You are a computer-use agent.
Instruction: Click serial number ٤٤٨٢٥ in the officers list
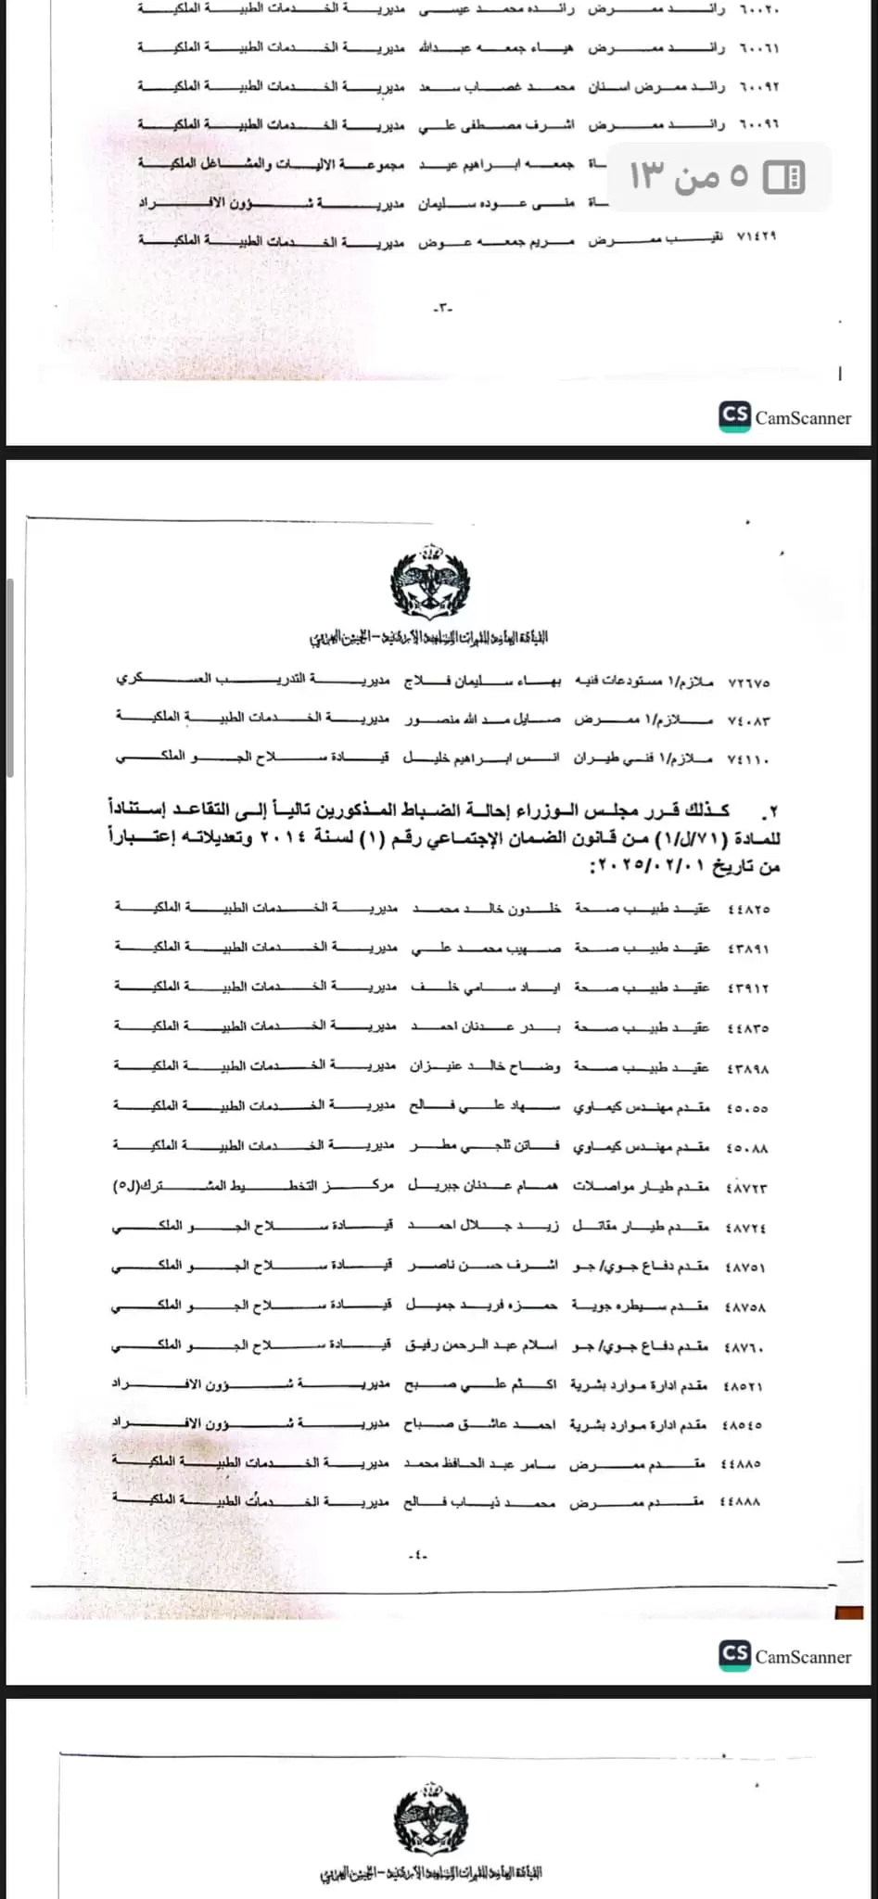[748, 909]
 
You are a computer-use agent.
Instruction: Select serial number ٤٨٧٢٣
[746, 1188]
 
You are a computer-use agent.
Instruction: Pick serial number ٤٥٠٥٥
[747, 1108]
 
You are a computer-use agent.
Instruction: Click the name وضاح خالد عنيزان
[485, 1067]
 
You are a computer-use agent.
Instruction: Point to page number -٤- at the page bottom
[417, 1555]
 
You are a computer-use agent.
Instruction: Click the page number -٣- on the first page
[444, 307]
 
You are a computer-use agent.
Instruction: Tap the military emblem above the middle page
[430, 582]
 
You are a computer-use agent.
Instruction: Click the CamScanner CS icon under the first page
[734, 416]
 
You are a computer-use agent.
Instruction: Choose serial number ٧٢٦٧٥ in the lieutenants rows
[749, 682]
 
